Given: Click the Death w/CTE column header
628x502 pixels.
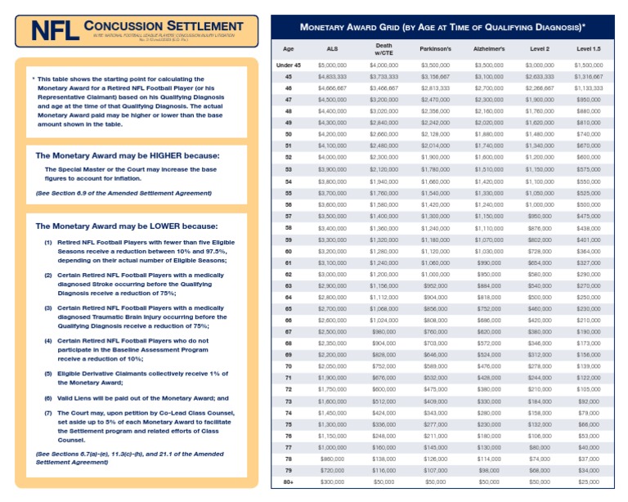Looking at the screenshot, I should pyautogui.click(x=384, y=49).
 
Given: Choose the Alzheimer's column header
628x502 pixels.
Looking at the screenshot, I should pyautogui.click(x=489, y=49).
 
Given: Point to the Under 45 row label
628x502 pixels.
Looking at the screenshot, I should pyautogui.click(x=289, y=64).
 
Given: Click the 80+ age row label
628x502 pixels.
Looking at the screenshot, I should pyautogui.click(x=289, y=482).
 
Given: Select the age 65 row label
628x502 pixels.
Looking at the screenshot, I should pyautogui.click(x=289, y=309).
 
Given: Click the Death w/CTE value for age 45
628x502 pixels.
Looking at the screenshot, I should pyautogui.click(x=384, y=75).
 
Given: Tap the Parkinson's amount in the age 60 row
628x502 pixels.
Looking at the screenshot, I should pyautogui.click(x=436, y=251).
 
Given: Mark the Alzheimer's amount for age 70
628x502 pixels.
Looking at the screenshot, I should pyautogui.click(x=489, y=367).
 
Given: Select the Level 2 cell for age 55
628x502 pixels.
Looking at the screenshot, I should pyautogui.click(x=539, y=193).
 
